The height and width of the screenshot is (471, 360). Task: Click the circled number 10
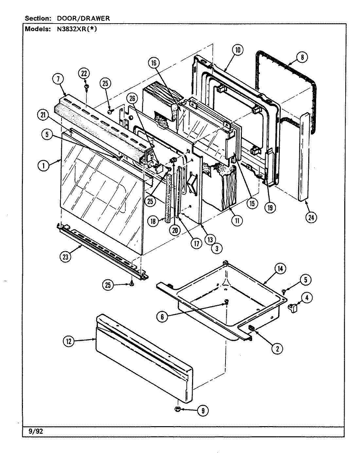(x=238, y=50)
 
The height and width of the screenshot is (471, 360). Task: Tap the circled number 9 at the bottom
(x=203, y=411)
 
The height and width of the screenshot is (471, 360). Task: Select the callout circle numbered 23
(x=65, y=257)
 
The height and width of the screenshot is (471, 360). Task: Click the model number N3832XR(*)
(x=75, y=28)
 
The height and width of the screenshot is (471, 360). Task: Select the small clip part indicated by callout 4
(x=292, y=307)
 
